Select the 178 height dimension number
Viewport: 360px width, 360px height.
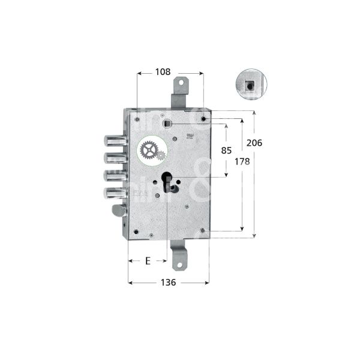[240, 162]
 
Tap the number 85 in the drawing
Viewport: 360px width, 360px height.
[226, 151]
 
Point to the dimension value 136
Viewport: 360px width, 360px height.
[168, 283]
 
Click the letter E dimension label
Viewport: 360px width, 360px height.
[147, 261]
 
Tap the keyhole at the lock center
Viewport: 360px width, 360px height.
[167, 182]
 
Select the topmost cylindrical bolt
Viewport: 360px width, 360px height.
[114, 140]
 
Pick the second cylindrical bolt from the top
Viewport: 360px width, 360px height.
[114, 158]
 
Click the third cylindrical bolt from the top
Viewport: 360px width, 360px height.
[114, 176]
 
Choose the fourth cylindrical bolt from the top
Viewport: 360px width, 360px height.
[114, 193]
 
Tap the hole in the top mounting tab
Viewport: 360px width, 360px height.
[182, 84]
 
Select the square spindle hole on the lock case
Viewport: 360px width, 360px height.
[167, 124]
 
